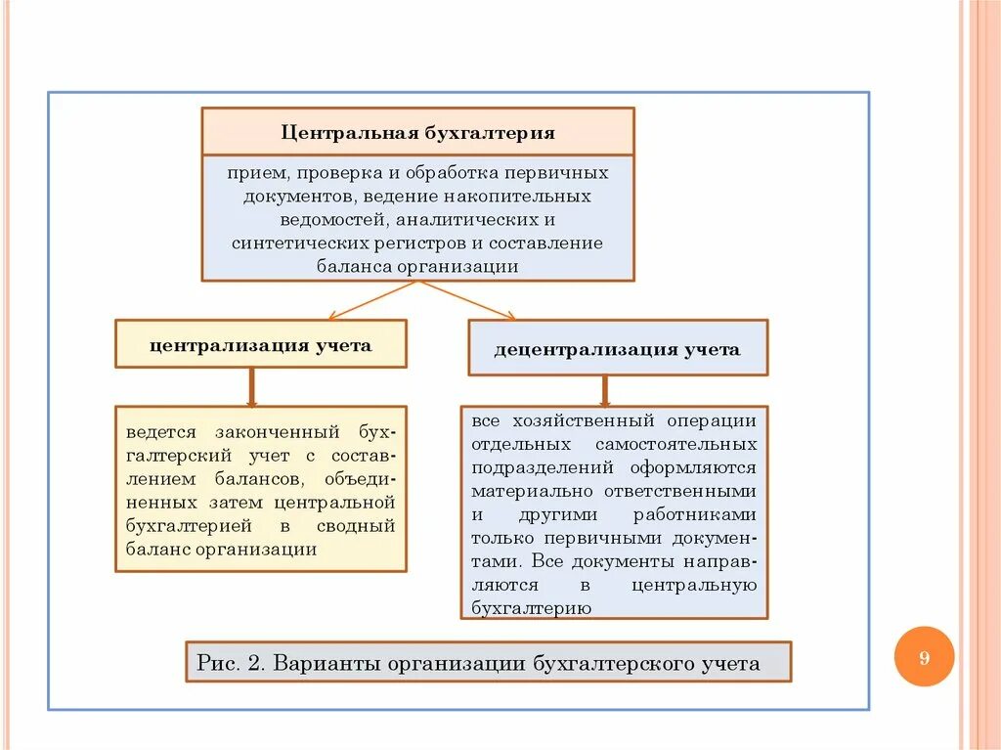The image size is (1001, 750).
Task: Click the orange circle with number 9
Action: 924,657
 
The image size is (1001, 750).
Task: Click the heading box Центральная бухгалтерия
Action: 418,132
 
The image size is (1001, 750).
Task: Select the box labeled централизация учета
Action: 261,344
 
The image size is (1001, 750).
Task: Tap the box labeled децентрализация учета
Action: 618,348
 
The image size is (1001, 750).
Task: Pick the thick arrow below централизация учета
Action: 252,386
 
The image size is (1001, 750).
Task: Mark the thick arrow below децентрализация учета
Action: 605,389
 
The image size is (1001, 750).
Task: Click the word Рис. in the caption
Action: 217,664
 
